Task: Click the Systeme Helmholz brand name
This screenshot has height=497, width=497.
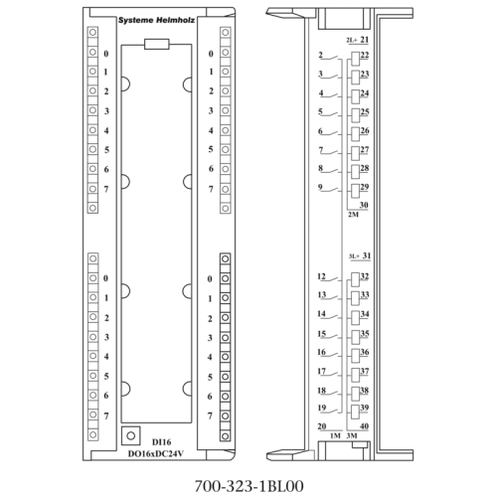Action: (156, 20)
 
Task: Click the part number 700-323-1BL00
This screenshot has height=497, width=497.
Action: (248, 486)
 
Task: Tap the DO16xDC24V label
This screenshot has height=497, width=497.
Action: (156, 454)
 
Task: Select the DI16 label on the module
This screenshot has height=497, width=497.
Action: (162, 442)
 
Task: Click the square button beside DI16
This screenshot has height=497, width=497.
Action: (131, 435)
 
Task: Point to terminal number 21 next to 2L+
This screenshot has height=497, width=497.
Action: (365, 40)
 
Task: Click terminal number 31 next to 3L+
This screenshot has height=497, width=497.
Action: (367, 255)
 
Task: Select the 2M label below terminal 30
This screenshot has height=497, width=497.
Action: (353, 215)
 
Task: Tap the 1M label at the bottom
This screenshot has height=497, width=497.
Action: (335, 435)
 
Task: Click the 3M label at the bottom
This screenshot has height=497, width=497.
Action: (352, 435)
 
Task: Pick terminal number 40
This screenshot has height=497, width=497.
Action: (364, 426)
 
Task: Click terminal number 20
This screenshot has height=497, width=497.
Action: (322, 426)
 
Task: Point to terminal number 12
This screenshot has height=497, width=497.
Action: (321, 276)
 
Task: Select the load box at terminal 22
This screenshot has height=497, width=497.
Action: (356, 59)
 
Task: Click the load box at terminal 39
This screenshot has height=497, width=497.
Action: (356, 412)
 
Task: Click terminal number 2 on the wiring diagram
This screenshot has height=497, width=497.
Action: (320, 55)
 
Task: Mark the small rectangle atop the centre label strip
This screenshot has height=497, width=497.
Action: (157, 44)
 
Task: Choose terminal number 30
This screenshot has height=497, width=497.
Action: (364, 205)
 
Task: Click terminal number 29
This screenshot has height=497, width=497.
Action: (365, 187)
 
